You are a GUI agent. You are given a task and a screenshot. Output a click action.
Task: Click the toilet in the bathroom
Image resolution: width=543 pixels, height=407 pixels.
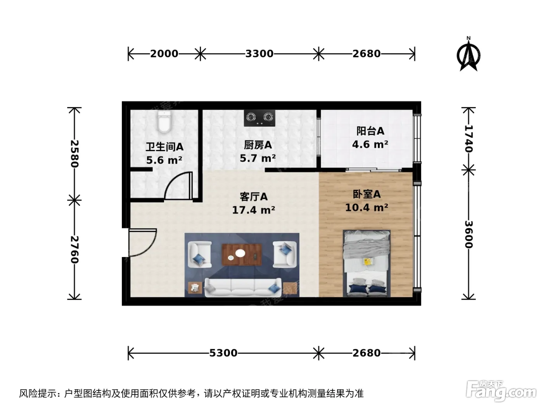click(164, 122)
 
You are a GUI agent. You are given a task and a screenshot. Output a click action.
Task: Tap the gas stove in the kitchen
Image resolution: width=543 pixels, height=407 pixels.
click(259, 118)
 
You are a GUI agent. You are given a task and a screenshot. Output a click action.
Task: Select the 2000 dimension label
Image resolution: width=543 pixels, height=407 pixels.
click(164, 53)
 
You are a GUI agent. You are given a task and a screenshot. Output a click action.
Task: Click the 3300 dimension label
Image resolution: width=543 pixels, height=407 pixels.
click(259, 53)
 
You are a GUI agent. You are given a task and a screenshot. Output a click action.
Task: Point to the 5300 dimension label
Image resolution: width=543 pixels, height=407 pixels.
click(223, 353)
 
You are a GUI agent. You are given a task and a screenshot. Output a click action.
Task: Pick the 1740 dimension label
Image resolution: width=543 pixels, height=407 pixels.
click(469, 139)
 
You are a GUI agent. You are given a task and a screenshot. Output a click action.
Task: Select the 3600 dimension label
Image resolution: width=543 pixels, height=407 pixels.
click(469, 234)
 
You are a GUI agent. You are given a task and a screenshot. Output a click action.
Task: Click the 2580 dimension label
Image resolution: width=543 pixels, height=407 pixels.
click(74, 154)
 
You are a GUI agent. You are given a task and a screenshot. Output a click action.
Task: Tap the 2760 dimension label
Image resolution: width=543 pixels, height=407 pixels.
click(74, 250)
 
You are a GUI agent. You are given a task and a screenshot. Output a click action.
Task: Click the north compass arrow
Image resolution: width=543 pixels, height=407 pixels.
click(468, 55)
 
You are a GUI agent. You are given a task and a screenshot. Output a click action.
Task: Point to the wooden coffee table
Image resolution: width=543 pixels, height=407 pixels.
click(242, 255)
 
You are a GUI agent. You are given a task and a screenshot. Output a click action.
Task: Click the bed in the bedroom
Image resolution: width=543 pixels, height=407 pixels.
click(367, 264)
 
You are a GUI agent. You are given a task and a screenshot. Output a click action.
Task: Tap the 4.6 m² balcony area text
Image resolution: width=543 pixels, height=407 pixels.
click(370, 144)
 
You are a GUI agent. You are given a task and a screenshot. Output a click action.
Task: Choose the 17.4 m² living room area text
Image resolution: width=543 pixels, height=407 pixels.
click(254, 210)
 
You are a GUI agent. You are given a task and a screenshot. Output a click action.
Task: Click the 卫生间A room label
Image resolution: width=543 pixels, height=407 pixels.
click(164, 147)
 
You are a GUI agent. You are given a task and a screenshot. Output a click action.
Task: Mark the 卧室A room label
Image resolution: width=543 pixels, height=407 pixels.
click(367, 194)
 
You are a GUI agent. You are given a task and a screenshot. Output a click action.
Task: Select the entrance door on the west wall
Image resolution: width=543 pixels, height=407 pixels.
click(142, 242)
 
